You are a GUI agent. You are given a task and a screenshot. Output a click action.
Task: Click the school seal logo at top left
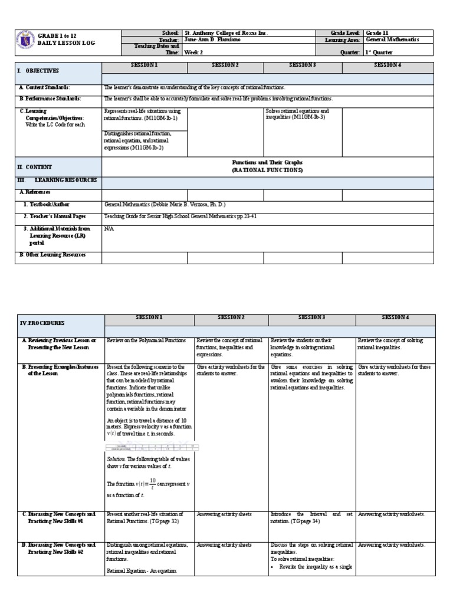tap(26, 40)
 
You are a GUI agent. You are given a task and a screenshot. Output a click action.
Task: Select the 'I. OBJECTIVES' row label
tap(38, 71)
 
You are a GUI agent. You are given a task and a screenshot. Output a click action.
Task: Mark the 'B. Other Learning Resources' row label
tap(53, 255)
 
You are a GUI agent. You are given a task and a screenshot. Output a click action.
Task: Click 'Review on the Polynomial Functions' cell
tap(146, 340)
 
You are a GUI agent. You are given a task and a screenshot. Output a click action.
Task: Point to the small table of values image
tap(148, 448)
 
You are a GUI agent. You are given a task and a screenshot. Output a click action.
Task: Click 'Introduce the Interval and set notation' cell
tap(311, 517)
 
